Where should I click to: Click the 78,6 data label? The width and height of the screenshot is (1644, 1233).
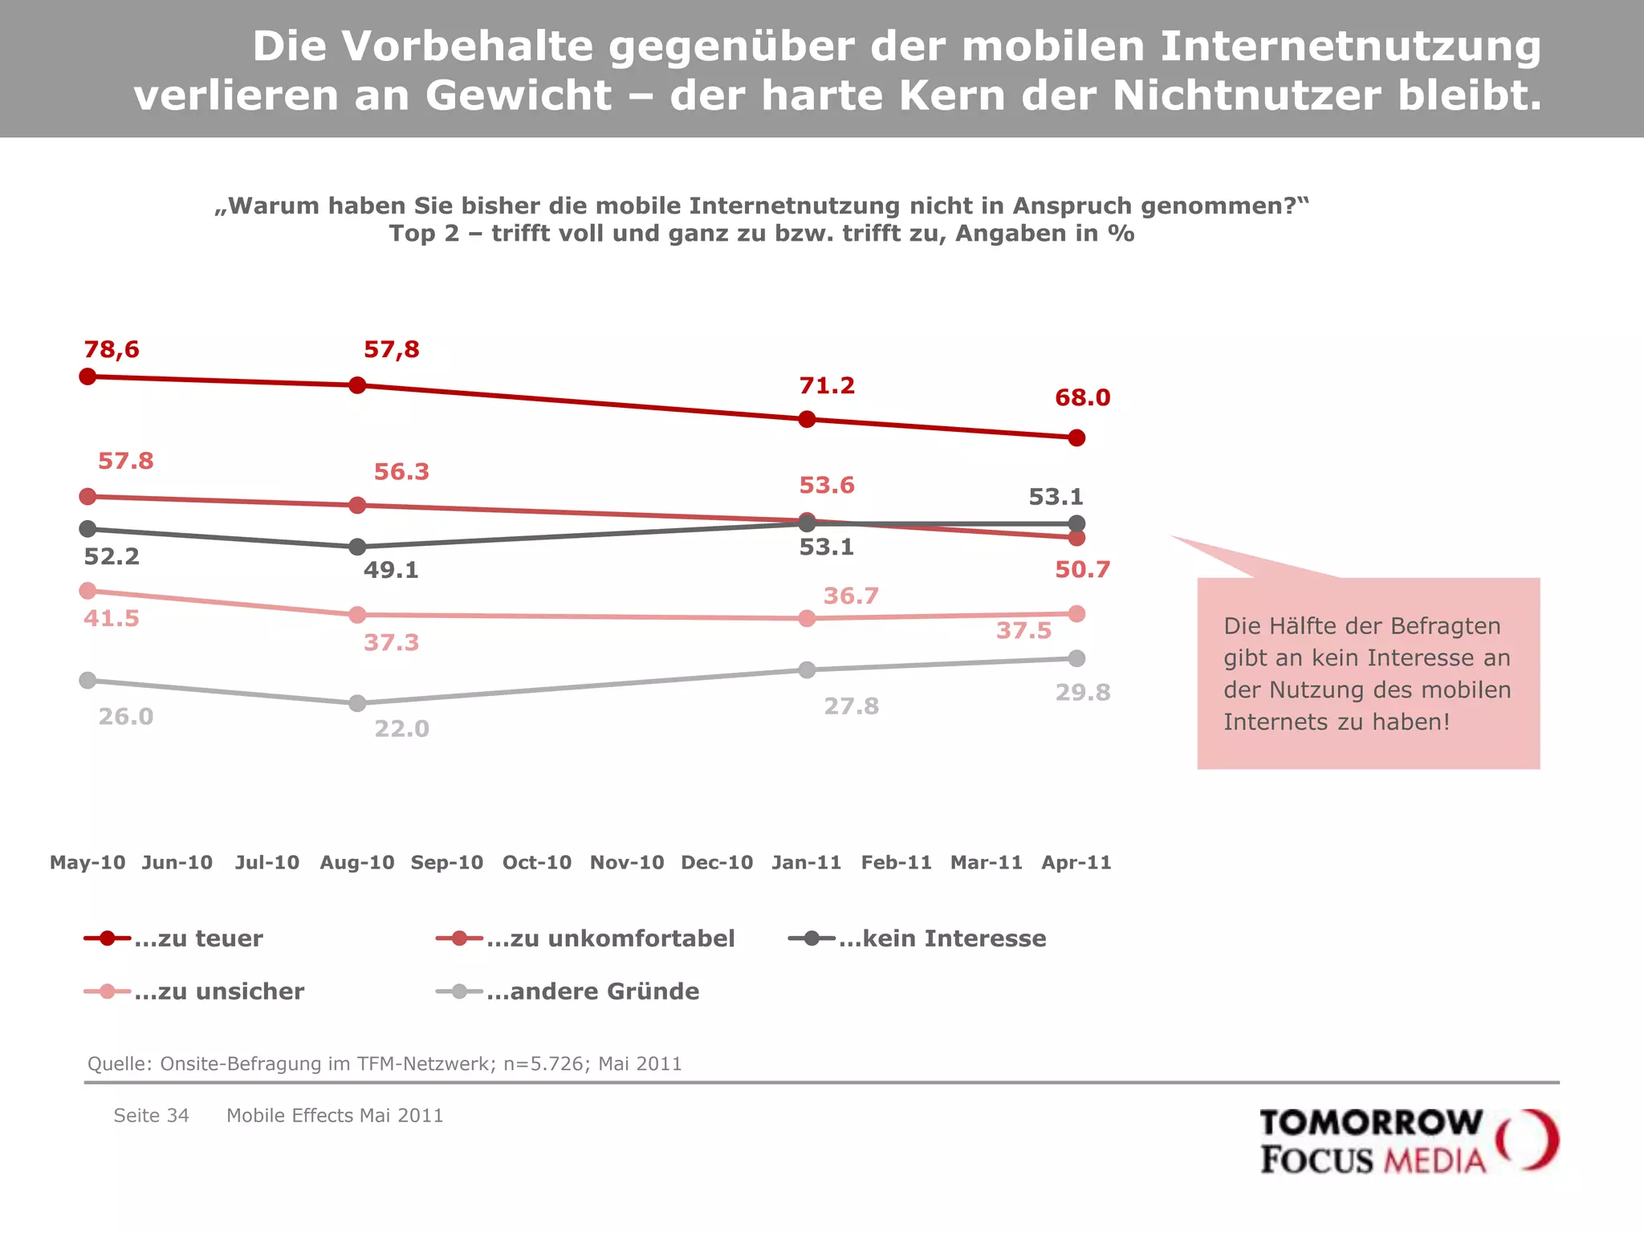112,350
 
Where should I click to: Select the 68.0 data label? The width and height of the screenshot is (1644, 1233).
1082,398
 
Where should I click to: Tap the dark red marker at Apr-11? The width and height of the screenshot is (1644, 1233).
1076,438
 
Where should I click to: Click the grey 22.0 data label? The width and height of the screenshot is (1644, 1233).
401,729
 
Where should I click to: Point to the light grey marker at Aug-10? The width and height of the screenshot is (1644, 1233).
358,704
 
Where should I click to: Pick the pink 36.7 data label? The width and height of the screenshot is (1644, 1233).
851,596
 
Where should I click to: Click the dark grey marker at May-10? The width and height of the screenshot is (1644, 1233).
88,529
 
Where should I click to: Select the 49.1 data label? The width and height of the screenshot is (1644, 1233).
391,571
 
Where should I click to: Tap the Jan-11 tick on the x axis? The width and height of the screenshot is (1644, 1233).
806,863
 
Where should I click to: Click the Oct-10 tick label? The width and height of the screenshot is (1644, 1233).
537,863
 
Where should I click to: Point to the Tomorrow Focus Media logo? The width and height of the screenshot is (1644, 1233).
1408,1141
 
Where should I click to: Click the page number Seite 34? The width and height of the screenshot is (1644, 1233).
151,1116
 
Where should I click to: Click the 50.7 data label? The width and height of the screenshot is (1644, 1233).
1082,570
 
